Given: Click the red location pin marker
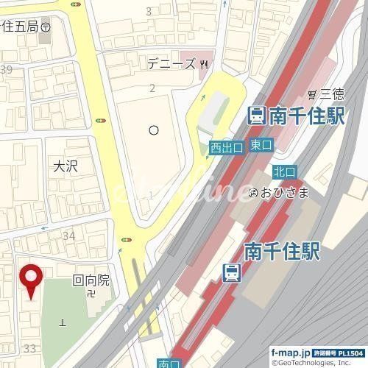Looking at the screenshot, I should click(x=31, y=280).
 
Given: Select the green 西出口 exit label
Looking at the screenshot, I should click(x=226, y=148).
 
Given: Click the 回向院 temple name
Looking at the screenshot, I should click(x=90, y=280).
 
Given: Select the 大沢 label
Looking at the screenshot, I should click(x=65, y=166).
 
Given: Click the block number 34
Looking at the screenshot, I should click(x=69, y=236).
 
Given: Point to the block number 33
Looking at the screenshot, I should click(x=30, y=347).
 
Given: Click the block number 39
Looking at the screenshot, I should click(x=7, y=70).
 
